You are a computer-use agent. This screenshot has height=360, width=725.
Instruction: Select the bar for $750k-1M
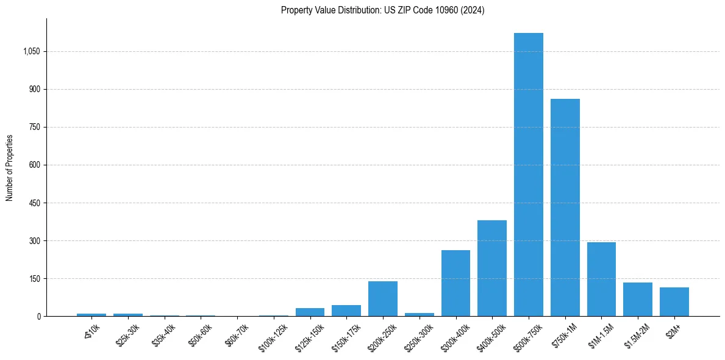(565, 207)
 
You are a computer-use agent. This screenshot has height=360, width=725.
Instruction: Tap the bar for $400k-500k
(492, 268)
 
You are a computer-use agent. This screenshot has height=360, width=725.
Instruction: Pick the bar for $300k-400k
(455, 283)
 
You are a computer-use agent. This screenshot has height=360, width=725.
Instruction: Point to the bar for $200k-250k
(383, 298)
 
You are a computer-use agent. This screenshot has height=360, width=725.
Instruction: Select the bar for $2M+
(674, 301)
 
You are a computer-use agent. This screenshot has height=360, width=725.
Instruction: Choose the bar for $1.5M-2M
(638, 299)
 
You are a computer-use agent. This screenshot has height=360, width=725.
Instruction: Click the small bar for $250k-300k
(420, 314)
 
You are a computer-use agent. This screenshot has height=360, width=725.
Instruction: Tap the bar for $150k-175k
(346, 311)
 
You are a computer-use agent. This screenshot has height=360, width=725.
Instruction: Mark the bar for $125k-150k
(310, 312)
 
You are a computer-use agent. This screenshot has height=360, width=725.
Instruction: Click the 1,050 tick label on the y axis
(31, 52)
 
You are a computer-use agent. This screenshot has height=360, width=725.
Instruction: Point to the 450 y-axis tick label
(34, 203)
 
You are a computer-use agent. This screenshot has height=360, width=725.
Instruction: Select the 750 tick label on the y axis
(34, 128)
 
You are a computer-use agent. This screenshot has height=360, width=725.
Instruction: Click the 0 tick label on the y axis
(38, 317)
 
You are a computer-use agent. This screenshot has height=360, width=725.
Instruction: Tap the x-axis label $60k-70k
(237, 333)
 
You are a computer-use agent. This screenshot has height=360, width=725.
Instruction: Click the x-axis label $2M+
(674, 329)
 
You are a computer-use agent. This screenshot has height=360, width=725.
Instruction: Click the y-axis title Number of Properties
(9, 168)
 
